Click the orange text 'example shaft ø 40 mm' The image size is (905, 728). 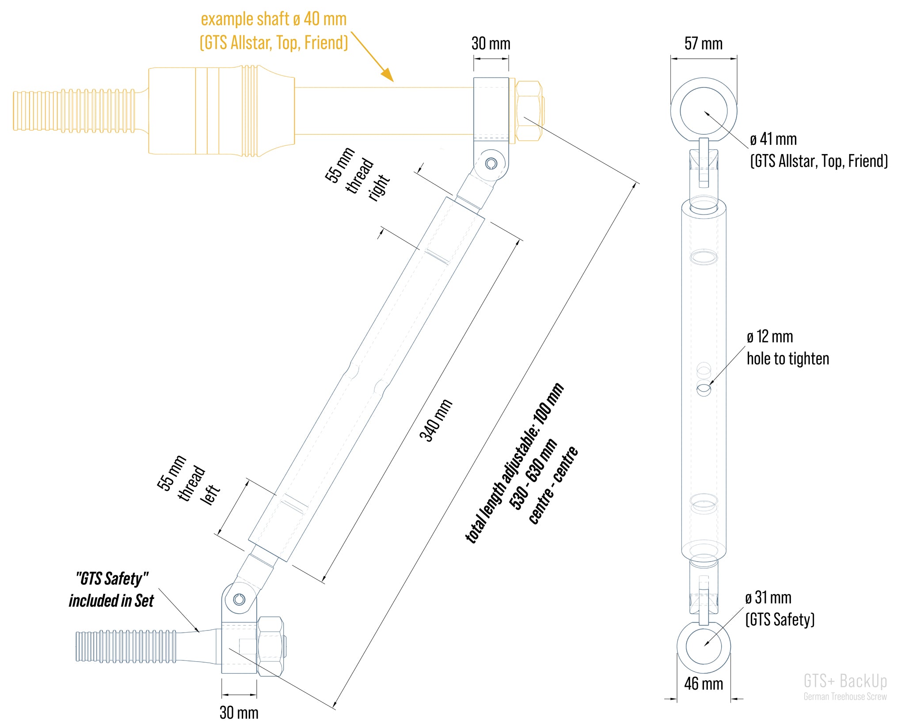click(x=274, y=19)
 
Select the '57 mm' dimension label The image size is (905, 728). click(x=703, y=44)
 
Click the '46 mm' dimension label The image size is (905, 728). click(x=703, y=684)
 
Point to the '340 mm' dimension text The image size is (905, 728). click(x=436, y=420)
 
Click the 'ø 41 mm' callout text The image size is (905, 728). click(x=773, y=140)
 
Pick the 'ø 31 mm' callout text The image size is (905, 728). click(x=768, y=598)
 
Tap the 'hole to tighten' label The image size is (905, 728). click(x=788, y=358)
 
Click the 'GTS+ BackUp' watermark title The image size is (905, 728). click(x=845, y=681)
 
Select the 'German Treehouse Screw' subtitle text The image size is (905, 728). click(x=845, y=697)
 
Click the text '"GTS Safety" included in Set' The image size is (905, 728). click(x=111, y=590)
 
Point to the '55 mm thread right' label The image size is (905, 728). click(x=357, y=175)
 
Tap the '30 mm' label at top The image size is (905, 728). click(x=491, y=44)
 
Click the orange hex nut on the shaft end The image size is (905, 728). click(x=529, y=111)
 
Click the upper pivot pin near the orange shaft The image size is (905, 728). click(x=491, y=164)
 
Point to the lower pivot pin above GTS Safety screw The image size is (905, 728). click(x=239, y=599)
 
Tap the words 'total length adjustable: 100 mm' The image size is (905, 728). click(x=515, y=464)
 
